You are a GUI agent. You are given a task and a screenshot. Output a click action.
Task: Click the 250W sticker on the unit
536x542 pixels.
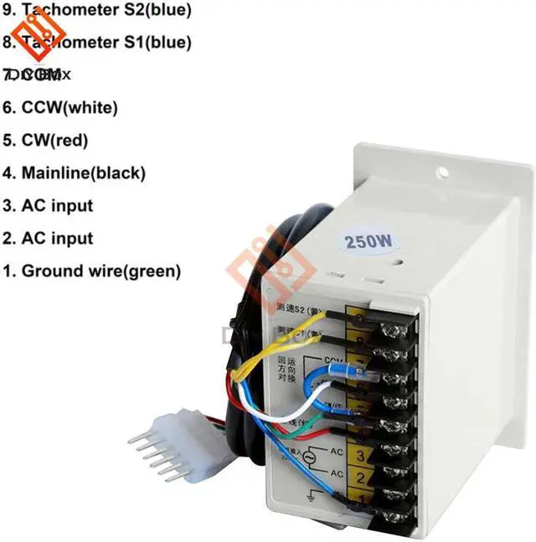coord(369,243)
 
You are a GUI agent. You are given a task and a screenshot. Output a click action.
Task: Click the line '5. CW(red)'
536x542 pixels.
coord(44,140)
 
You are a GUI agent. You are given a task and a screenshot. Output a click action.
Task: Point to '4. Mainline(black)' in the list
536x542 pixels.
coord(74,173)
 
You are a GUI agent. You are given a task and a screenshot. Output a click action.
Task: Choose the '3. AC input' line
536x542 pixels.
coord(47,205)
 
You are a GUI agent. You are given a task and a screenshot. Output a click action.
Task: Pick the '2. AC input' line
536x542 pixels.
coord(47,238)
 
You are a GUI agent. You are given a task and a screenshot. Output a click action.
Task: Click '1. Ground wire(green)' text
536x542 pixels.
coord(90,271)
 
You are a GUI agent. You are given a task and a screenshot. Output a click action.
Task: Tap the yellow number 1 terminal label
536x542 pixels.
coord(356,502)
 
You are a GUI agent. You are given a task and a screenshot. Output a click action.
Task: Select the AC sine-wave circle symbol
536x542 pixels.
coord(287,460)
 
